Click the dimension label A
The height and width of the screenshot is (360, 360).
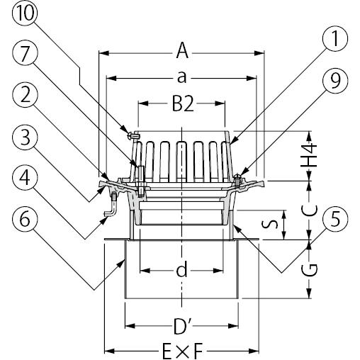click(x=182, y=50)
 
